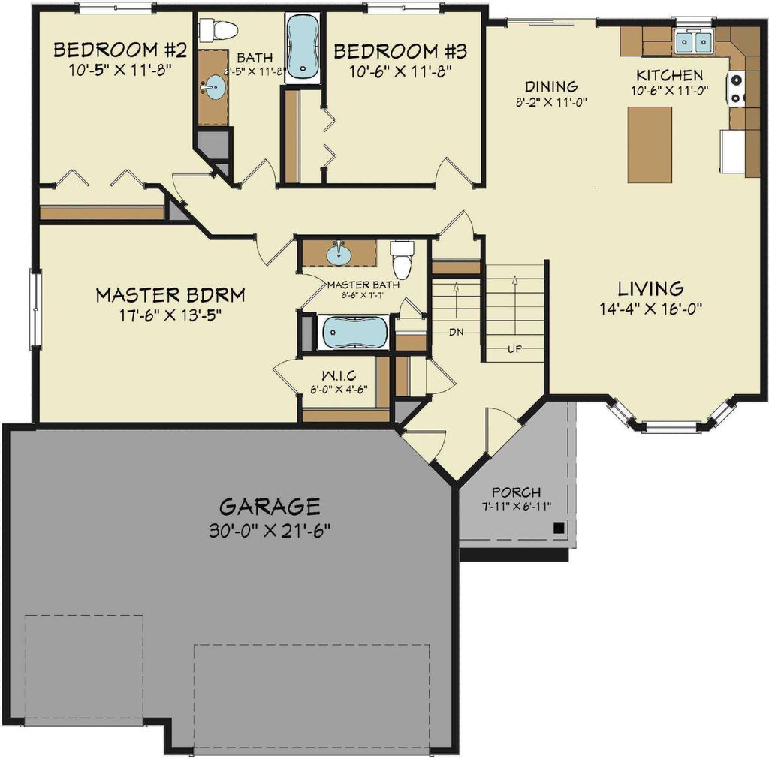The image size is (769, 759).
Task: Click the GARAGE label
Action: pyautogui.click(x=270, y=505)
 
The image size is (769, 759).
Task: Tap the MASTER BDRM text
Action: pyautogui.click(x=170, y=294)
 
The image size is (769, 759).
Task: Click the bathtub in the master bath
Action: pyautogui.click(x=353, y=333)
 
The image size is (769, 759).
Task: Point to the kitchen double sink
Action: pyautogui.click(x=693, y=42)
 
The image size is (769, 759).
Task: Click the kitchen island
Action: pyautogui.click(x=650, y=145)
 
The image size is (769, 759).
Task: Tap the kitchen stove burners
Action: pyautogui.click(x=735, y=89)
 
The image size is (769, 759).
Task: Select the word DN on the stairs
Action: pyautogui.click(x=456, y=331)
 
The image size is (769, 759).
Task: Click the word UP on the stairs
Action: pyautogui.click(x=514, y=349)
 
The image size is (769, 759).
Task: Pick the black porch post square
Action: pyautogui.click(x=558, y=528)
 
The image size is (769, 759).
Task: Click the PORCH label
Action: pyautogui.click(x=516, y=492)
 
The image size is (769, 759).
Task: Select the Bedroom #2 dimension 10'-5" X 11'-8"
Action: pyautogui.click(x=113, y=71)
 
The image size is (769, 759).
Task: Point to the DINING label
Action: pyautogui.click(x=550, y=86)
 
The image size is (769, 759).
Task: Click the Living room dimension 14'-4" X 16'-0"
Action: pyautogui.click(x=650, y=307)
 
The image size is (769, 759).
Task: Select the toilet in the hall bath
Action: pyautogui.click(x=217, y=30)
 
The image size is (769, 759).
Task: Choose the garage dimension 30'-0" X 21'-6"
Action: pyautogui.click(x=270, y=530)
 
